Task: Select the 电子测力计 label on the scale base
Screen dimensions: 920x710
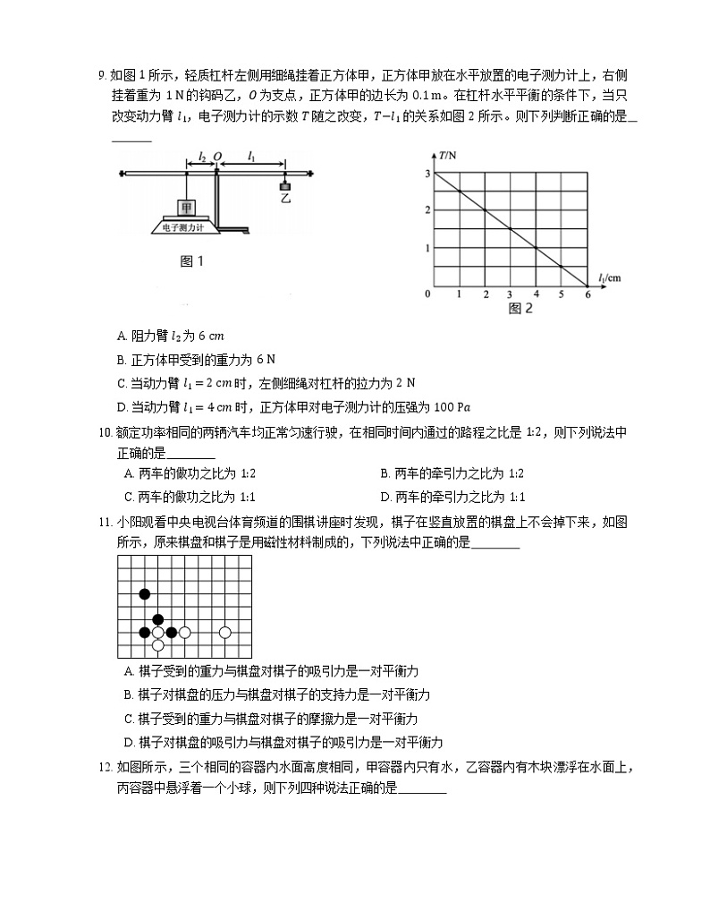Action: coord(182,228)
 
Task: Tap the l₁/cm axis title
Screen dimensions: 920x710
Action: coord(608,277)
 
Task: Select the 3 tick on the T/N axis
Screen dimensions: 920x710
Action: coord(427,173)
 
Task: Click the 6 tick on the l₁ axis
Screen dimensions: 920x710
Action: coord(587,294)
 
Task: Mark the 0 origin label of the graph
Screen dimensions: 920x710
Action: coord(427,294)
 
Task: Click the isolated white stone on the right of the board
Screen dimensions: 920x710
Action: coord(225,633)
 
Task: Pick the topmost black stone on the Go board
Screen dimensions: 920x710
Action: coord(145,593)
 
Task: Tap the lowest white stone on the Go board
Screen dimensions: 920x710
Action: coord(158,644)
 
